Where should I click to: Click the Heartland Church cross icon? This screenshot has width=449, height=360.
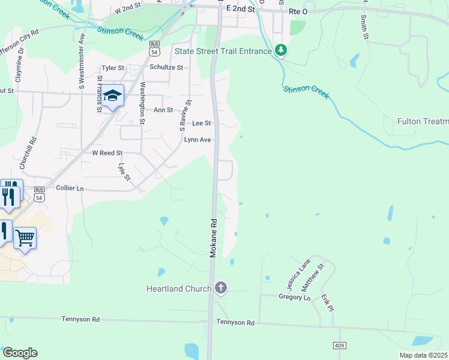click(x=221, y=289)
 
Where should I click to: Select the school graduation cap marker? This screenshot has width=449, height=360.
click(x=112, y=96)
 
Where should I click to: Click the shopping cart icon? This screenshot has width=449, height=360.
click(x=25, y=238)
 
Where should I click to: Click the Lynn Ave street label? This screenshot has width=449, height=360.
click(x=197, y=140)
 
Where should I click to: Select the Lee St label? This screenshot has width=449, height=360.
click(x=201, y=123)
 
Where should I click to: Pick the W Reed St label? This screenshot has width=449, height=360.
click(x=107, y=153)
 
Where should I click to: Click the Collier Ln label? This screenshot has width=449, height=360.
click(x=69, y=188)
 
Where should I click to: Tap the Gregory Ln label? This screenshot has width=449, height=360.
click(x=295, y=296)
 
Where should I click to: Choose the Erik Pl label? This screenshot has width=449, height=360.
click(x=325, y=302)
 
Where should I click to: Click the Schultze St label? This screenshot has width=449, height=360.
click(x=166, y=68)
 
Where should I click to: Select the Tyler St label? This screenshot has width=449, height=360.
click(x=112, y=68)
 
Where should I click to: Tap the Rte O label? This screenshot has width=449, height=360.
click(x=298, y=10)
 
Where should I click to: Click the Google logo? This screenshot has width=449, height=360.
click(x=20, y=353)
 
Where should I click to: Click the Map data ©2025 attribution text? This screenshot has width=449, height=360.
click(x=423, y=355)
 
